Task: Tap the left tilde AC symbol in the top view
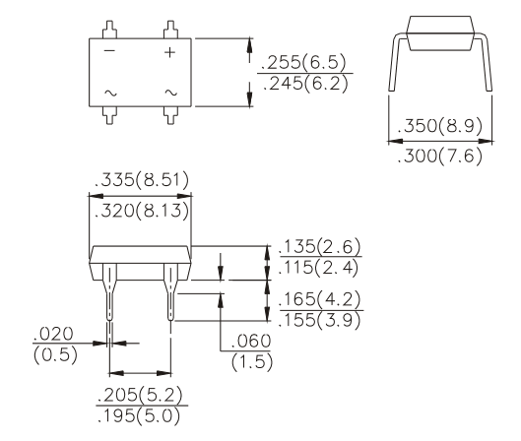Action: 110,93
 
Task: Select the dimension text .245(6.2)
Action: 305,85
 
